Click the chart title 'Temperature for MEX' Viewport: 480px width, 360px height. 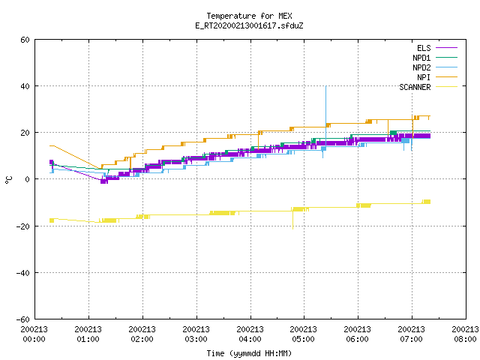(249, 16)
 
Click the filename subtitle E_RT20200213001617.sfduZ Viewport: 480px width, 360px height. (249, 25)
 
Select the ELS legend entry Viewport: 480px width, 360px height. (437, 48)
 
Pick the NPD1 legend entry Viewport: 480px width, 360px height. (435, 58)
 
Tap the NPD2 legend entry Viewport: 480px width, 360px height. (435, 67)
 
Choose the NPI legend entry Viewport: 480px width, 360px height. (437, 77)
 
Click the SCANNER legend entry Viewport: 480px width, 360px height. (428, 87)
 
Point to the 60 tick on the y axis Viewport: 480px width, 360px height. (25, 40)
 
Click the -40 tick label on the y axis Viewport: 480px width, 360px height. (22, 273)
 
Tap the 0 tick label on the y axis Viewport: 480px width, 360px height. (28, 179)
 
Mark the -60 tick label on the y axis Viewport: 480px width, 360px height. (22, 319)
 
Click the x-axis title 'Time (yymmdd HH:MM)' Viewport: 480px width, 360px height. (249, 353)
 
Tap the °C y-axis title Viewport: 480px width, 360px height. (8, 180)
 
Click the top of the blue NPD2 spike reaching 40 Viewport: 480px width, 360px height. (326, 86)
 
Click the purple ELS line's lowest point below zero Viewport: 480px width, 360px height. (104, 183)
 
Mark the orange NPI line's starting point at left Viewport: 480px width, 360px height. (50, 145)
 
